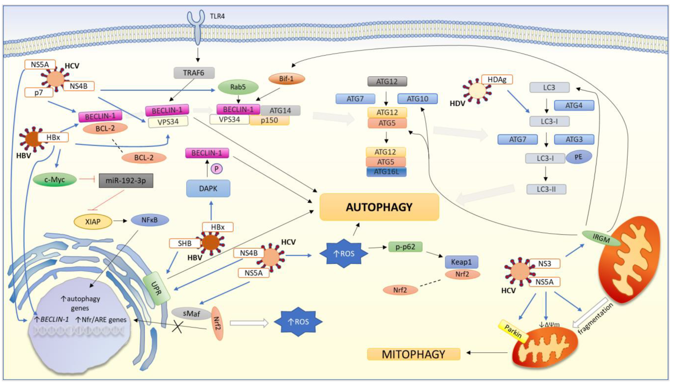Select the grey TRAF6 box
[x=194, y=73]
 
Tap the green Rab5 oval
[x=238, y=87]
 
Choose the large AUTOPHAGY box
[x=379, y=207]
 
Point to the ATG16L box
[x=386, y=172]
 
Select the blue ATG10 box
[x=417, y=99]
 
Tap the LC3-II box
[x=546, y=189]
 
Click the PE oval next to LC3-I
[x=578, y=157]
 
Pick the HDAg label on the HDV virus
[x=497, y=79]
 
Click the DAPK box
[x=208, y=188]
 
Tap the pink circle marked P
[x=216, y=169]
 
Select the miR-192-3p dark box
[x=126, y=181]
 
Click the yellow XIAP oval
[x=93, y=222]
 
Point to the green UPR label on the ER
[x=156, y=288]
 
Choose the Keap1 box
[x=461, y=262]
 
